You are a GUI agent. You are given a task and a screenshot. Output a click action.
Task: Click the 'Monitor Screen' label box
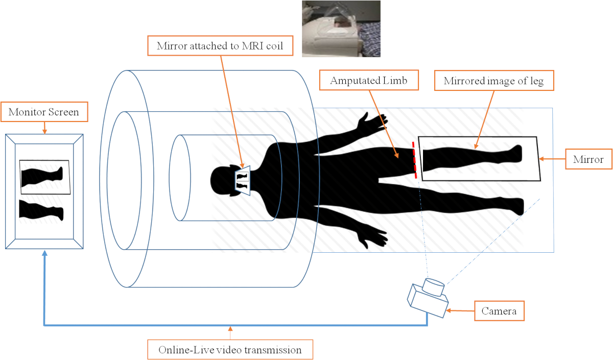tap(44, 112)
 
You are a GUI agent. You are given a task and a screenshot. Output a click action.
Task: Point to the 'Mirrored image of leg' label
tap(494, 81)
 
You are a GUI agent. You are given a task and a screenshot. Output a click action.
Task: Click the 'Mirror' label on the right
tap(588, 160)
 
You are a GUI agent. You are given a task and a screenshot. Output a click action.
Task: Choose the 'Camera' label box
tap(499, 310)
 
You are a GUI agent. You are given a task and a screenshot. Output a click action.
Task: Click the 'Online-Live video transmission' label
tap(230, 350)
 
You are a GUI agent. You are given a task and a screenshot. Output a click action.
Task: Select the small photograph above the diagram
tap(341, 28)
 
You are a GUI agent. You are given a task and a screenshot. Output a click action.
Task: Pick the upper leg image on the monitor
tap(43, 176)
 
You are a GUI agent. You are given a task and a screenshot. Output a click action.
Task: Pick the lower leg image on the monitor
tap(41, 210)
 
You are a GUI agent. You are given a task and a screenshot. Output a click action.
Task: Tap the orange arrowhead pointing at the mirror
tap(543, 160)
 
